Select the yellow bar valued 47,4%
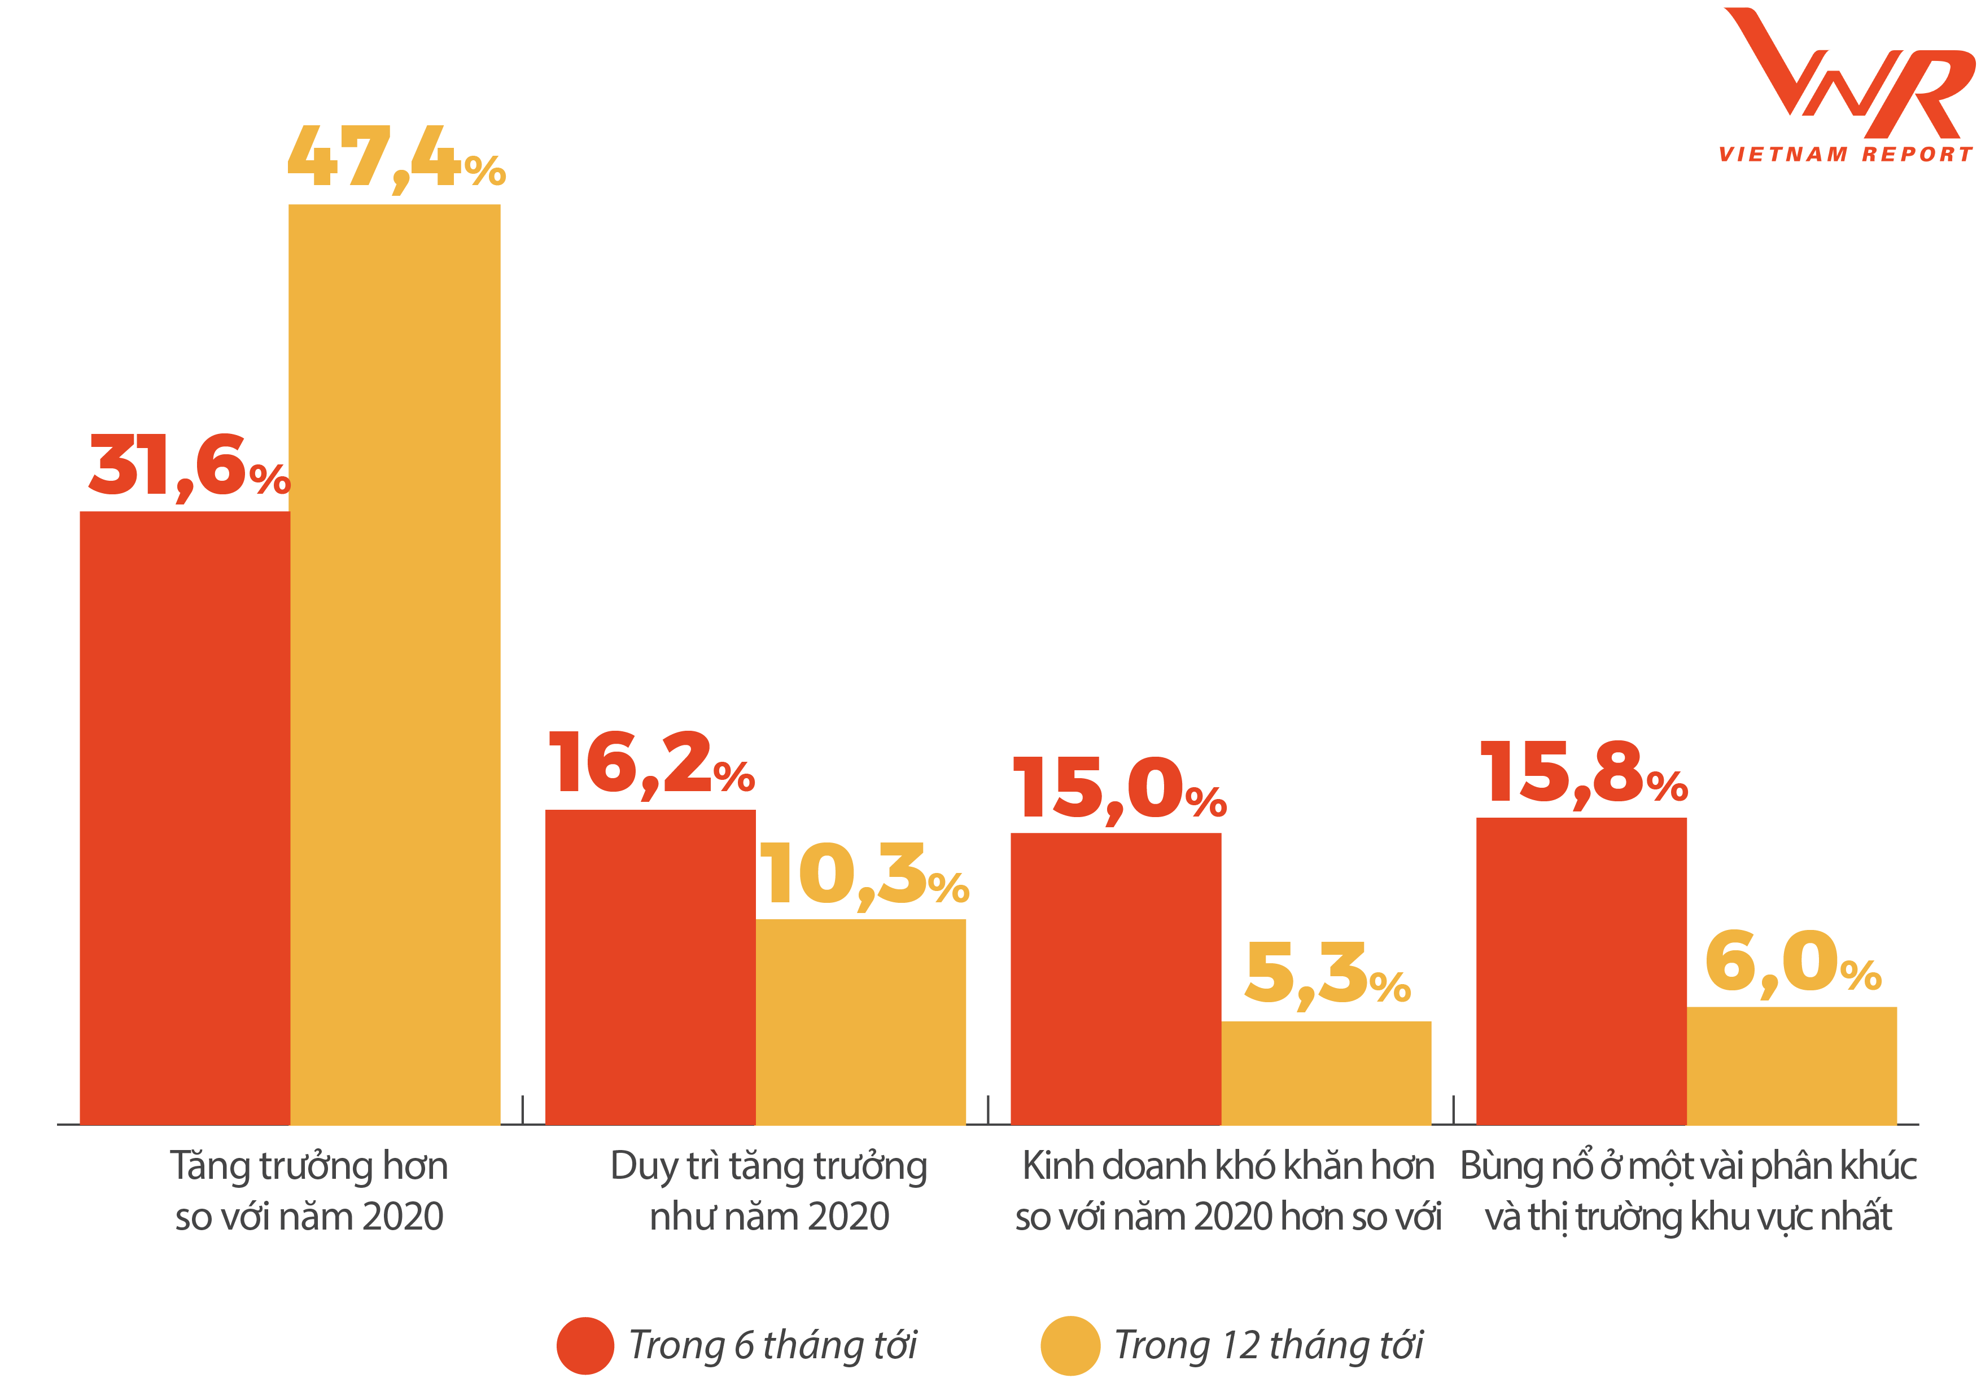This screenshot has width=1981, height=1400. click(394, 664)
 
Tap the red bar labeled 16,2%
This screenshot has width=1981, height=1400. click(650, 967)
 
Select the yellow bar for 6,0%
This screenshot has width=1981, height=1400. click(1791, 1066)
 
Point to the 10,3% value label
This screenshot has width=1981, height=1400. click(864, 876)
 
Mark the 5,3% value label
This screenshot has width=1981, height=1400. click(1327, 975)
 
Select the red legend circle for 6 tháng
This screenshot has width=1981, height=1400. click(585, 1346)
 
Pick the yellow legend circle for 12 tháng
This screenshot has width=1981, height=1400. click(1070, 1346)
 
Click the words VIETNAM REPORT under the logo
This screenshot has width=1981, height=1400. click(1845, 155)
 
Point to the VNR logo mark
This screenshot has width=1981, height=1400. click(1847, 73)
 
